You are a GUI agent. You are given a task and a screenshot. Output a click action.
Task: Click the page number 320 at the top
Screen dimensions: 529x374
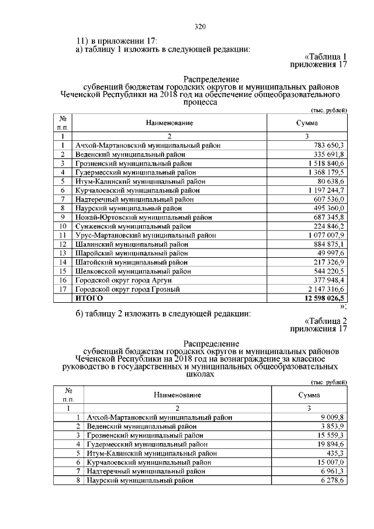click(x=199, y=27)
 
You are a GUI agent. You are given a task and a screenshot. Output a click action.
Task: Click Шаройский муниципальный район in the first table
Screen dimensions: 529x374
click(x=132, y=253)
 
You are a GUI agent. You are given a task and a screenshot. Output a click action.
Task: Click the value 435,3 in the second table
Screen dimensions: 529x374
click(x=337, y=454)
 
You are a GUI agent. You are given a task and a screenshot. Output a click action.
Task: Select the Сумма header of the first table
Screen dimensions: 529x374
click(x=307, y=123)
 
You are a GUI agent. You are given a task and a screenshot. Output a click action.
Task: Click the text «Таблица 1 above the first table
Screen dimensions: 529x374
click(x=326, y=57)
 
